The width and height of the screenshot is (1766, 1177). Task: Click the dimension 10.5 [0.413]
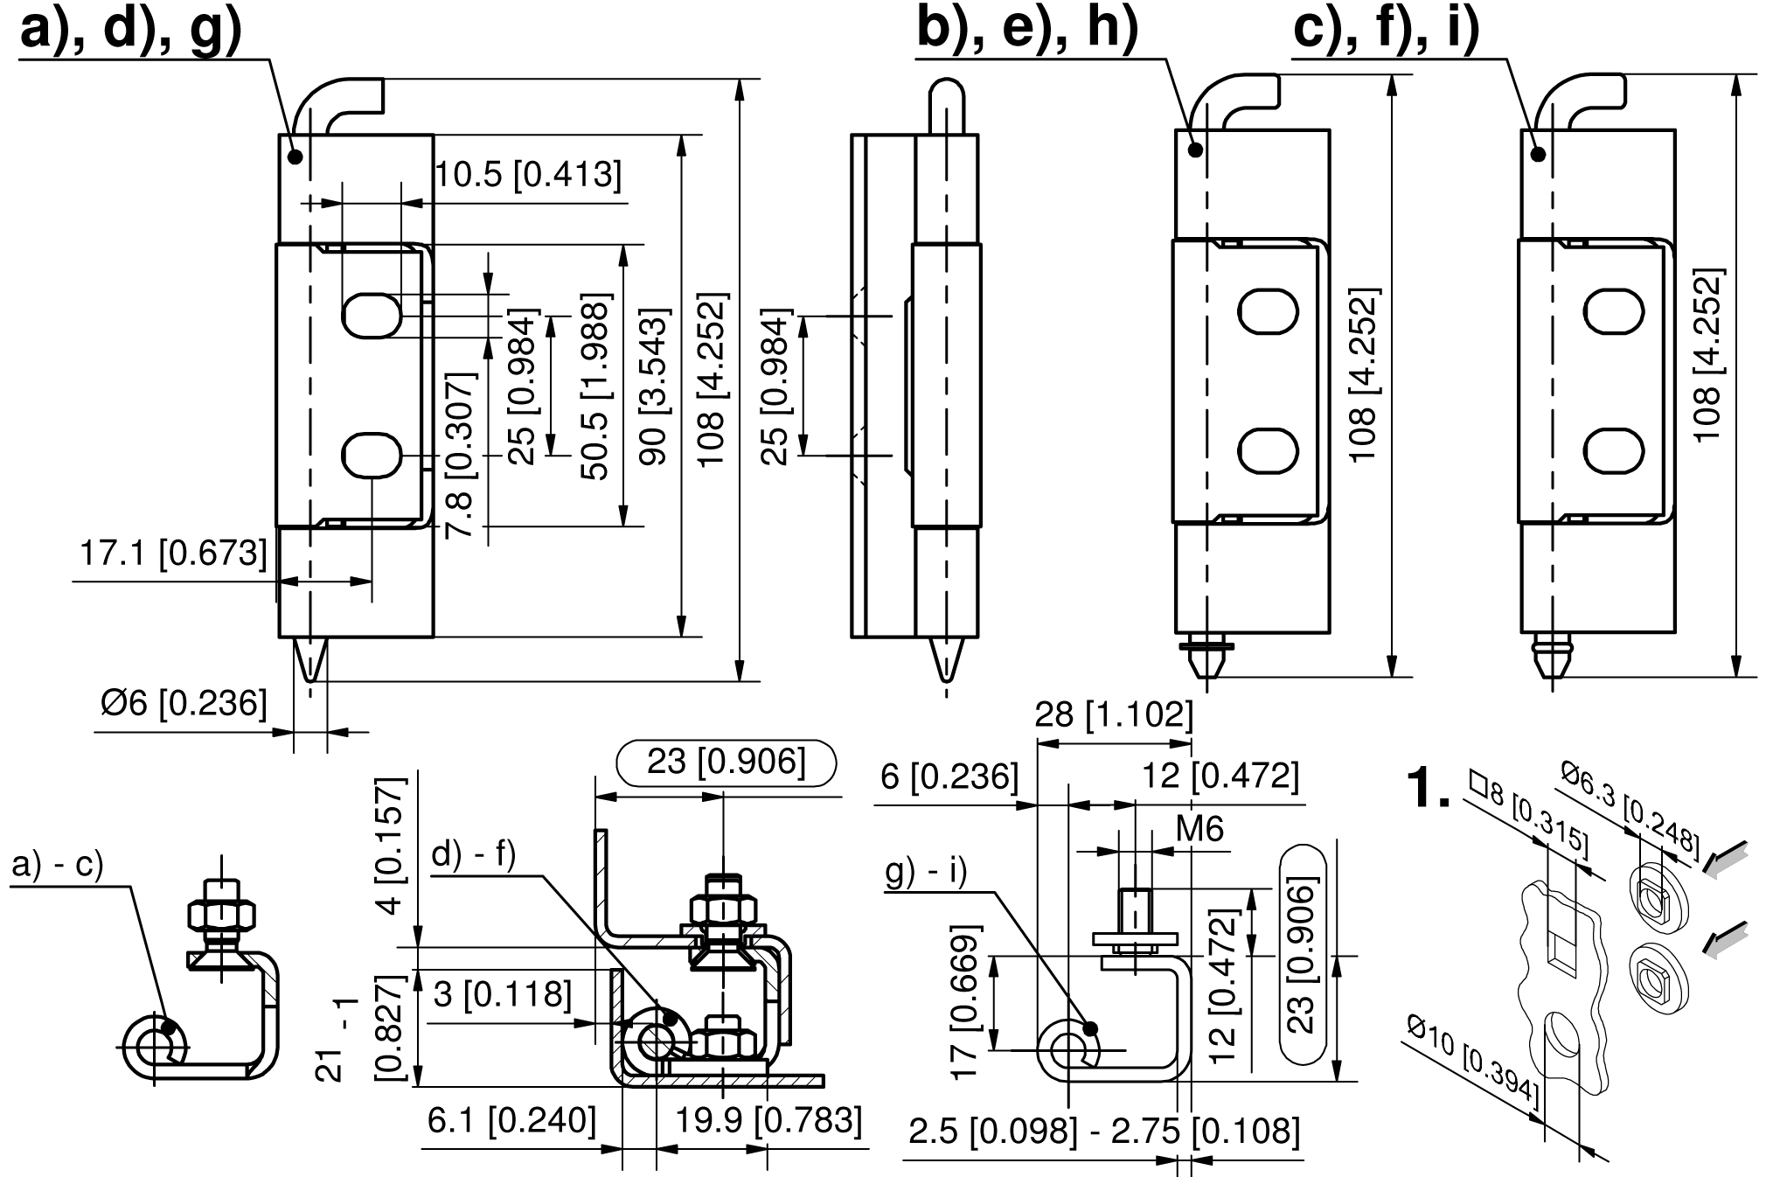click(x=529, y=175)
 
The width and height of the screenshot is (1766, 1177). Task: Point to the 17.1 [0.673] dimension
click(x=173, y=554)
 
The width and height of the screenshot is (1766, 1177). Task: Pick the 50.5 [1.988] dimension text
click(x=597, y=389)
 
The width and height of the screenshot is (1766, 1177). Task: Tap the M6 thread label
click(x=1199, y=828)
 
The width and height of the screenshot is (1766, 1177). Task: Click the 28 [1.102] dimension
click(x=1114, y=715)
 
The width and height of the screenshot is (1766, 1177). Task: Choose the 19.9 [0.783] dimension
click(x=768, y=1120)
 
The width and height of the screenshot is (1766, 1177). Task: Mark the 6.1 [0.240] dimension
click(x=511, y=1120)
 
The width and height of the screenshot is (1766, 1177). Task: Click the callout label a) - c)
click(x=58, y=864)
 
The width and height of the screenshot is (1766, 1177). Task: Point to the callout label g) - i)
click(x=926, y=873)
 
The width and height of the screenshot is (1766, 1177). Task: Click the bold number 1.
click(x=1427, y=788)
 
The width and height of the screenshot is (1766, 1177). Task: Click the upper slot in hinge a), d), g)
click(x=372, y=314)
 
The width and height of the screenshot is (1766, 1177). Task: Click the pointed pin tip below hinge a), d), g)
click(x=310, y=661)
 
